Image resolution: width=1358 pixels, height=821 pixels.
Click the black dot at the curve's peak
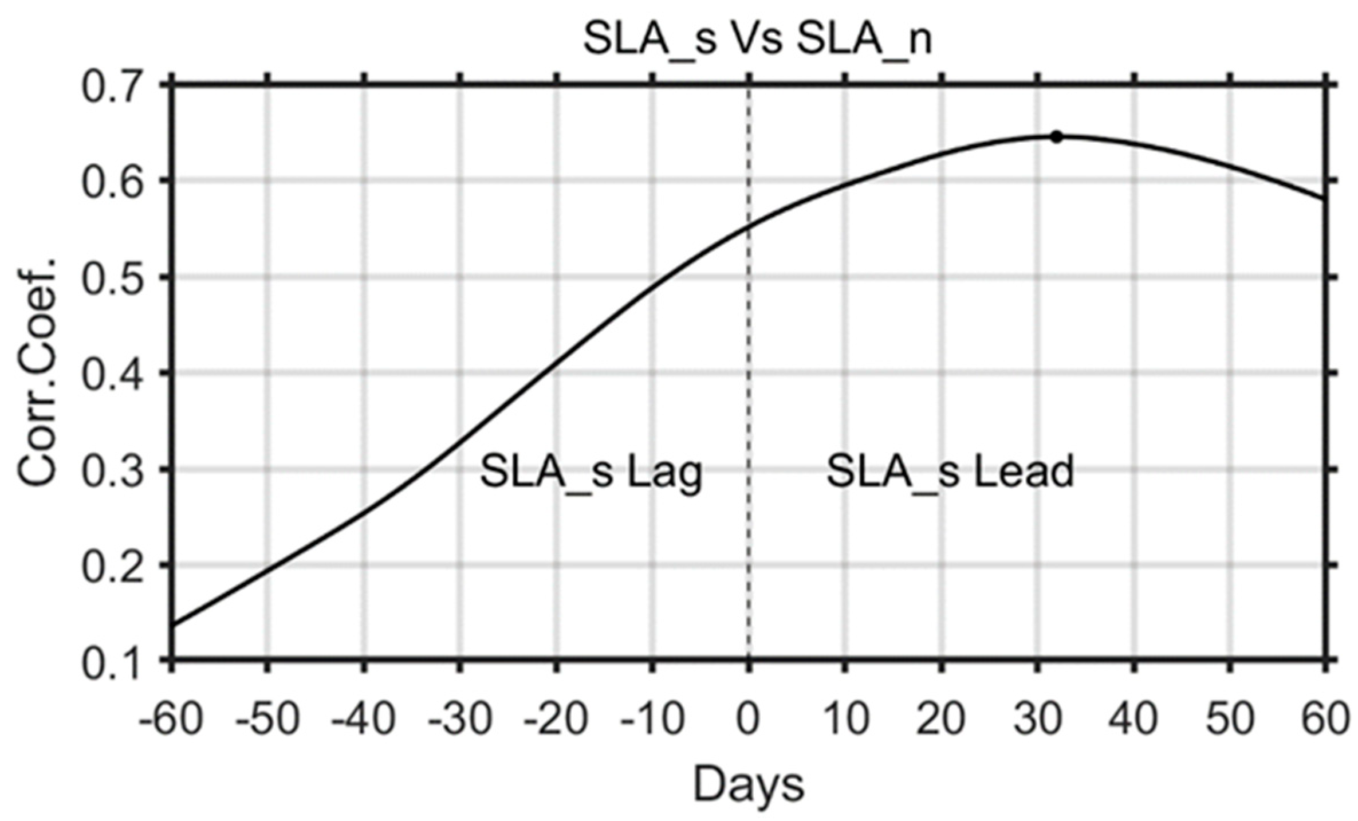coord(1057,137)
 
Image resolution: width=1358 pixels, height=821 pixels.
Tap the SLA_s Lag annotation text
coord(591,472)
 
